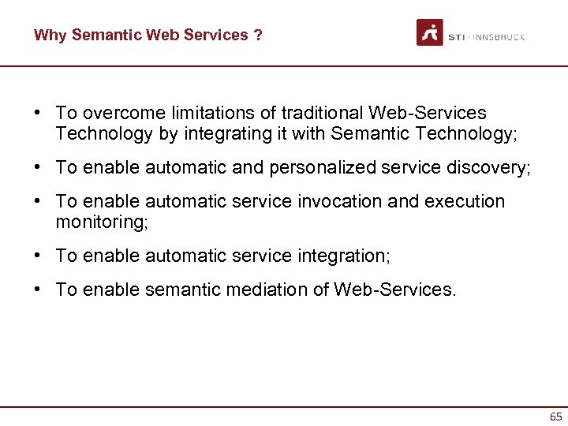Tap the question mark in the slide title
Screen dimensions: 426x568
258,35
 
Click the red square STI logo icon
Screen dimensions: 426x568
430,32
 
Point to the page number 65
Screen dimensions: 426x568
555,417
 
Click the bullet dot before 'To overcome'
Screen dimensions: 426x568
38,114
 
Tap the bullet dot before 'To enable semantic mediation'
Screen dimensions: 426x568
38,290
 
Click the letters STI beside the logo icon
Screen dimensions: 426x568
456,37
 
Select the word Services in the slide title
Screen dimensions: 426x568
218,35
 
